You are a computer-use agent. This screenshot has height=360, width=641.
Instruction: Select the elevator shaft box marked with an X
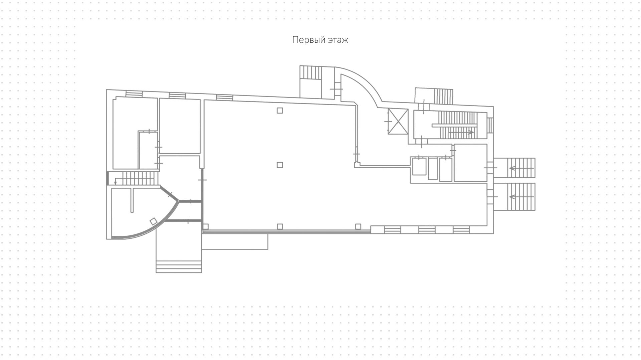pos(398,122)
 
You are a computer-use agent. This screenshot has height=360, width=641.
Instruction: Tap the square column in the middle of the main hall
pos(280,165)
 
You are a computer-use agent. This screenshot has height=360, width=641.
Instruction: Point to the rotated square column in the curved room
pos(153,221)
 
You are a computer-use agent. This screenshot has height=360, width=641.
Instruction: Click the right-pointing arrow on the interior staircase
pos(461,133)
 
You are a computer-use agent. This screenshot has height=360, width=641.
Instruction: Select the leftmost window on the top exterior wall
pos(134,94)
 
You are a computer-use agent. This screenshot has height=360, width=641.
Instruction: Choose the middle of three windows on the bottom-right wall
pos(427,230)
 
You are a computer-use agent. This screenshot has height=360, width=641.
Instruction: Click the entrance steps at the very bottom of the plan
pos(179,266)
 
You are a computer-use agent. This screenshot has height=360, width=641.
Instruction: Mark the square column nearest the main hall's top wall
pos(280,111)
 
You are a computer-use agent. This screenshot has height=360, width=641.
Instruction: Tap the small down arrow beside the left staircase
pos(116,182)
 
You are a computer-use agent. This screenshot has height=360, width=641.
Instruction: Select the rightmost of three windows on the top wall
pos(224,98)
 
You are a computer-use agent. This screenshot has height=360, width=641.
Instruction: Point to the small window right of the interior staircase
pos(490,125)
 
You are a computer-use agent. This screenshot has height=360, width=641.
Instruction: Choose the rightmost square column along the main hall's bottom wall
pos(358,226)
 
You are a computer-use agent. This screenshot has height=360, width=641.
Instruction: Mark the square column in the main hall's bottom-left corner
pos(206,226)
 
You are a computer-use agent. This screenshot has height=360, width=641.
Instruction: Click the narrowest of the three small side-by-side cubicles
pos(433,169)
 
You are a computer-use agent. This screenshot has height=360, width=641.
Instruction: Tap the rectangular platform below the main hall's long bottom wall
pos(235,241)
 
